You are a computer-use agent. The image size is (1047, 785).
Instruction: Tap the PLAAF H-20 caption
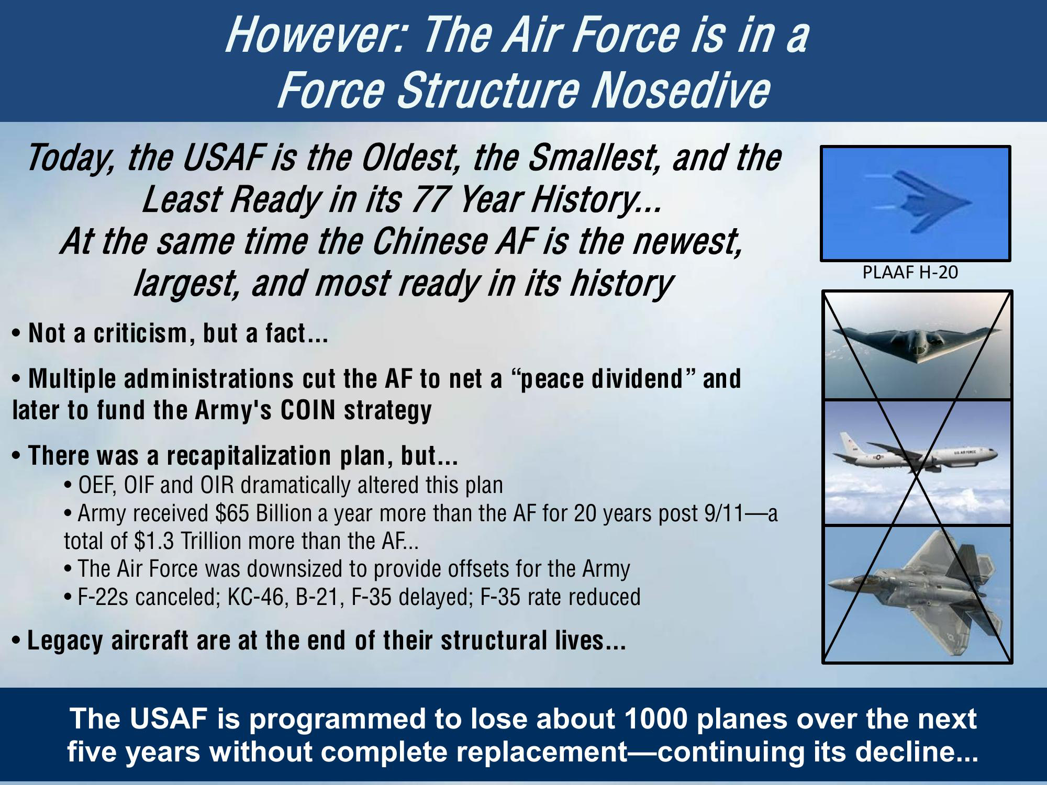point(910,272)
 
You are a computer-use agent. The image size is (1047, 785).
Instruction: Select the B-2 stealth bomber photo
point(917,345)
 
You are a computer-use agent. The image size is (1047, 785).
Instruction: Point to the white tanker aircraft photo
point(917,463)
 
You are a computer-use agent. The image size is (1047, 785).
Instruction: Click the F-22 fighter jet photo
point(917,594)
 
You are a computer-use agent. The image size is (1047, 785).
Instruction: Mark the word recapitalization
point(249,456)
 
